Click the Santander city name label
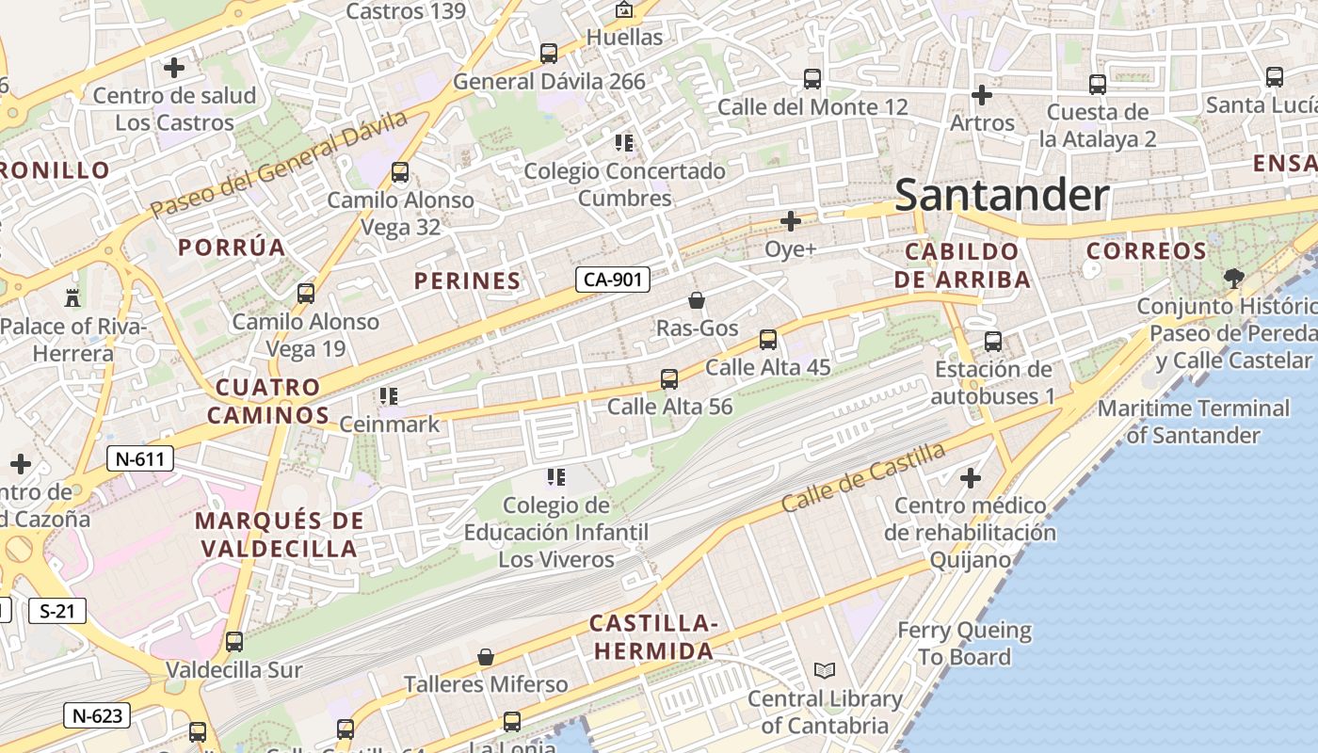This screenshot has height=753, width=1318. pyautogui.click(x=1002, y=196)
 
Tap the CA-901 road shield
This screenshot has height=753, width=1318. pyautogui.click(x=613, y=280)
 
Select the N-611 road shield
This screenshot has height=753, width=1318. pyautogui.click(x=140, y=459)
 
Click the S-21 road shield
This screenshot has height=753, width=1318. pyautogui.click(x=57, y=611)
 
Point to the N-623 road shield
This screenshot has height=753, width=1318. pyautogui.click(x=98, y=715)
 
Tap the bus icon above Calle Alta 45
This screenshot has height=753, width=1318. pyautogui.click(x=768, y=340)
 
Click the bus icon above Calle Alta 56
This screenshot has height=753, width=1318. pyautogui.click(x=669, y=379)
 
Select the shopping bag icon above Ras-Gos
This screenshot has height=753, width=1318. pyautogui.click(x=697, y=300)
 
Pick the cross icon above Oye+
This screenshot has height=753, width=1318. pyautogui.click(x=791, y=221)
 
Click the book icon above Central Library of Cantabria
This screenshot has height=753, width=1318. pyautogui.click(x=825, y=671)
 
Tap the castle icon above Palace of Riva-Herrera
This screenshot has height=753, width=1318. pyautogui.click(x=72, y=298)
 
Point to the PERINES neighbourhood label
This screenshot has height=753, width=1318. pyautogui.click(x=467, y=280)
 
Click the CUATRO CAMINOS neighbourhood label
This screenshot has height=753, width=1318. pyautogui.click(x=268, y=401)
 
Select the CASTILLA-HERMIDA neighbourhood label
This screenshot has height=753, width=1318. pyautogui.click(x=653, y=637)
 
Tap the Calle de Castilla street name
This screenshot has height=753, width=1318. pyautogui.click(x=863, y=477)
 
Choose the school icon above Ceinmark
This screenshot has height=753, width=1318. pyautogui.click(x=388, y=396)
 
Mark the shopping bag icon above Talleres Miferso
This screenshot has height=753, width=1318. pyautogui.click(x=486, y=657)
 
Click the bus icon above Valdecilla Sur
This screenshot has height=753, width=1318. pyautogui.click(x=234, y=642)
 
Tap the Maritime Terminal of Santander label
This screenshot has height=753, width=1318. pyautogui.click(x=1193, y=422)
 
